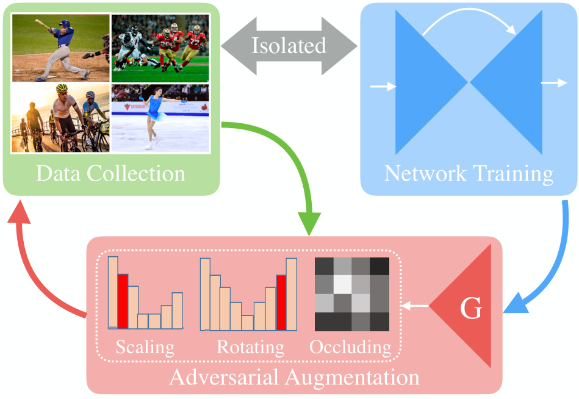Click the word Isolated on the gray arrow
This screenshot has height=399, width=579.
(x=289, y=46)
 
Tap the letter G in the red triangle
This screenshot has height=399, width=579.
(x=470, y=310)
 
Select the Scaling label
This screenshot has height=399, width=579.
(x=145, y=347)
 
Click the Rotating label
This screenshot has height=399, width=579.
(x=251, y=347)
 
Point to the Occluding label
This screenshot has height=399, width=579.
(x=350, y=347)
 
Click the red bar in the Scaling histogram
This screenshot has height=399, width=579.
(x=123, y=301)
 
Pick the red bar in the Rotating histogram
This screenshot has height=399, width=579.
(x=281, y=303)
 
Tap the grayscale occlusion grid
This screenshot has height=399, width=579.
(x=351, y=294)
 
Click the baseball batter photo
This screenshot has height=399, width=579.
(x=60, y=48)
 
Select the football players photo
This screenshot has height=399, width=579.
(x=160, y=48)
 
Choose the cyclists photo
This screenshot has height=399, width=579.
(x=60, y=118)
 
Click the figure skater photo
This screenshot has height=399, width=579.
(x=160, y=118)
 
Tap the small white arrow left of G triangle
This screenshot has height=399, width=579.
(x=416, y=305)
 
